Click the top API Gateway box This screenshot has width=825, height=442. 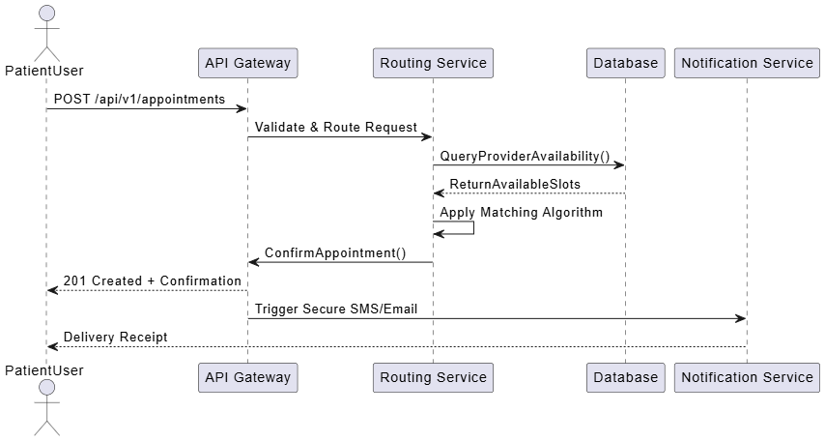248,63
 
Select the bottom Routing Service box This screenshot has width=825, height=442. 433,377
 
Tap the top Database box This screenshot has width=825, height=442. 626,63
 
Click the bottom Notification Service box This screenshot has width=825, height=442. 747,377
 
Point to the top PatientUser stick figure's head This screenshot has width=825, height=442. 47,14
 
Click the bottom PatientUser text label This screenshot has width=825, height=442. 44,370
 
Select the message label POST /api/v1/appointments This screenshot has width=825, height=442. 139,99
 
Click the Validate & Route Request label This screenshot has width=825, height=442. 336,127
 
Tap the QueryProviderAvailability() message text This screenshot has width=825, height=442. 526,156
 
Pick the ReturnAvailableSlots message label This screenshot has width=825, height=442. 515,184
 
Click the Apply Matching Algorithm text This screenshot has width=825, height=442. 522,213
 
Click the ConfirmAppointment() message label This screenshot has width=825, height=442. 335,252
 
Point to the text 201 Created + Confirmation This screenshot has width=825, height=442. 153,280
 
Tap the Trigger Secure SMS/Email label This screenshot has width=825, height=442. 336,309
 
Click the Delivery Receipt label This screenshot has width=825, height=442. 116,338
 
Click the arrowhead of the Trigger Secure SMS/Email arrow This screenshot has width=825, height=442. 741,319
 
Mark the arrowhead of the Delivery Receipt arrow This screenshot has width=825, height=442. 52,346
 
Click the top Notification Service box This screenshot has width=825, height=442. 747,63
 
